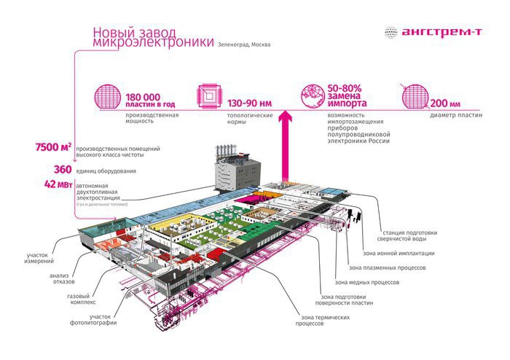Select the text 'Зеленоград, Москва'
(x=243, y=45)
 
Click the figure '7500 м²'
(x=52, y=148)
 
